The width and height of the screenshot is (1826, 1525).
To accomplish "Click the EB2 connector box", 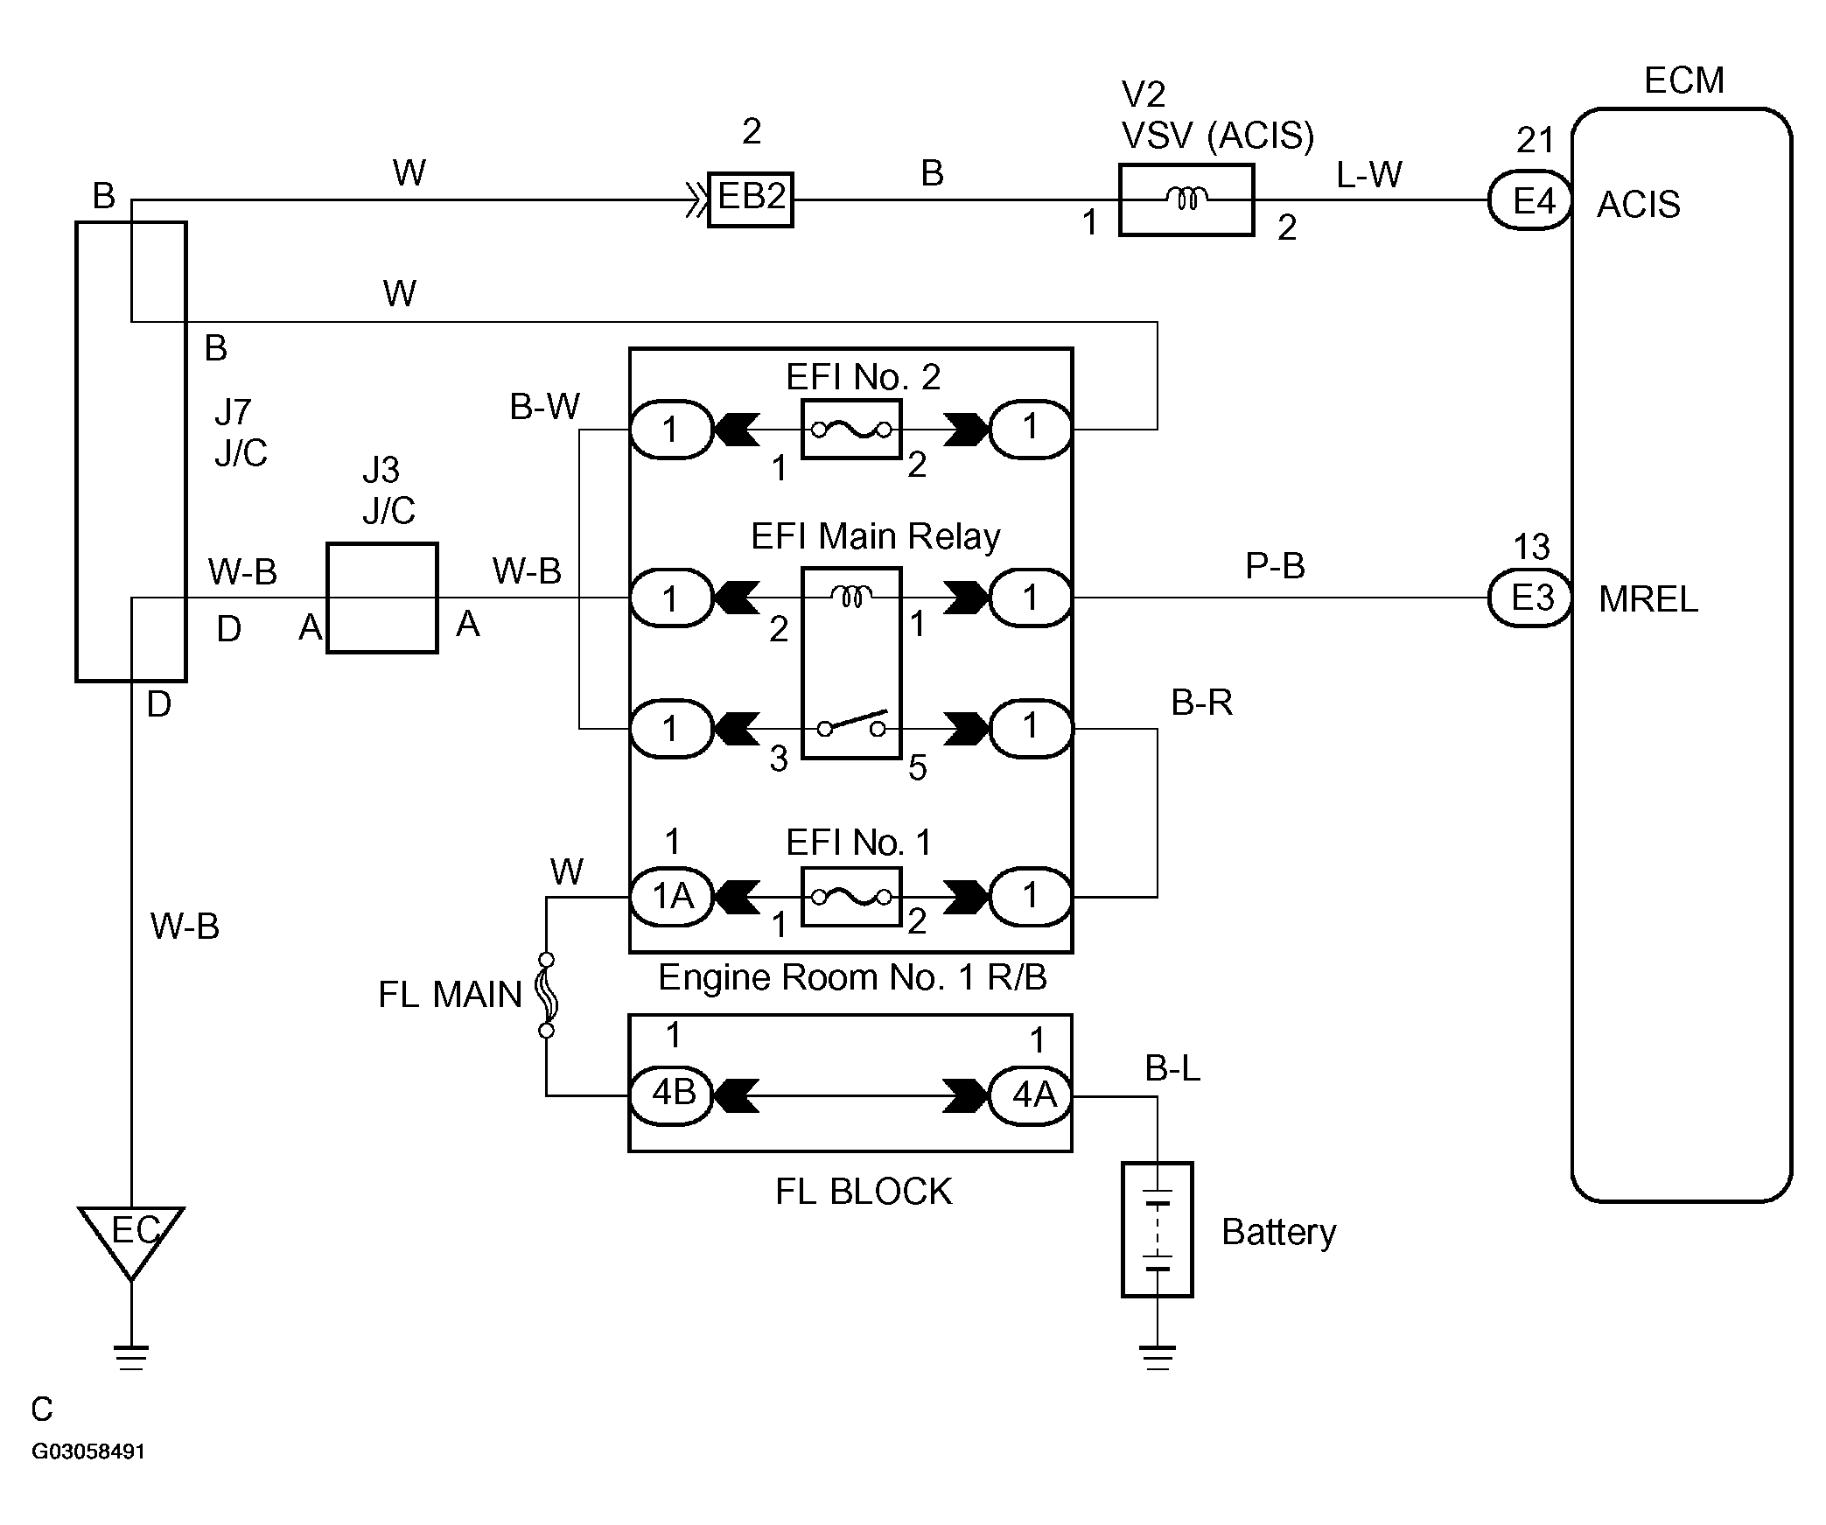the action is pyautogui.click(x=751, y=199).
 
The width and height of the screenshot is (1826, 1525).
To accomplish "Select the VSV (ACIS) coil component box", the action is pyautogui.click(x=1186, y=199).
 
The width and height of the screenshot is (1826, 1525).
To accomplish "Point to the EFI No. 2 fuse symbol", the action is pyautogui.click(x=851, y=430).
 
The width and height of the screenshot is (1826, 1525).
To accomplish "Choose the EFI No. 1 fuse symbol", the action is pyautogui.click(x=851, y=897).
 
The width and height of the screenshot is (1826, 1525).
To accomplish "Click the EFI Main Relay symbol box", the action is pyautogui.click(x=851, y=663).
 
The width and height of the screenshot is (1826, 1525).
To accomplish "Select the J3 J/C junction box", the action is pyautogui.click(x=382, y=598).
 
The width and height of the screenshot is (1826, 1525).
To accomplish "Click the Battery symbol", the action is pyautogui.click(x=1158, y=1229).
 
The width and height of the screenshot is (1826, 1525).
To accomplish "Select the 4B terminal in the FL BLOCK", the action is pyautogui.click(x=673, y=1095).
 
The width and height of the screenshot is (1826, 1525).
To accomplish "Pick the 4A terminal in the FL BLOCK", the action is pyautogui.click(x=1031, y=1095).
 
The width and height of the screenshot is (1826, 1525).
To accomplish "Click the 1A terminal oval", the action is pyautogui.click(x=673, y=897).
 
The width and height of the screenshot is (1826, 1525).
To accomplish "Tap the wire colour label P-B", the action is pyautogui.click(x=1275, y=566).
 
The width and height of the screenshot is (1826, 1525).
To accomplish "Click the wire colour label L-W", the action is pyautogui.click(x=1369, y=175).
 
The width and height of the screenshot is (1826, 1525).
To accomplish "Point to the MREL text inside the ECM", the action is pyautogui.click(x=1648, y=599).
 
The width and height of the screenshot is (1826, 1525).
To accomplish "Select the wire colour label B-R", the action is pyautogui.click(x=1202, y=702).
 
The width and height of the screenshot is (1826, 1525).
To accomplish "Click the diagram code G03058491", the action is pyautogui.click(x=88, y=1452).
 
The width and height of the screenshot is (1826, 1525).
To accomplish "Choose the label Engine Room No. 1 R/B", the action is pyautogui.click(x=852, y=977).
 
